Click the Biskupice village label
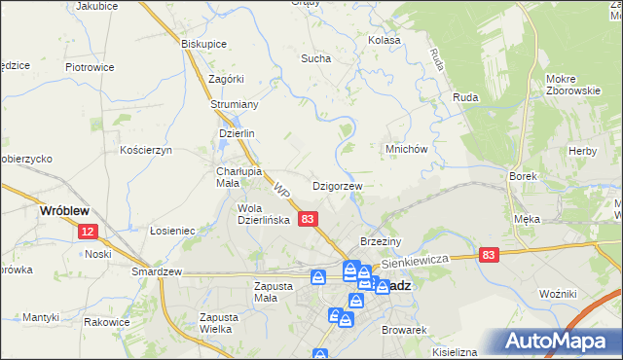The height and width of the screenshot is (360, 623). pyautogui.click(x=204, y=44)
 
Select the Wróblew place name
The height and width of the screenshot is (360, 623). pyautogui.click(x=64, y=209)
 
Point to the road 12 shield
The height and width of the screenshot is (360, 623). pyautogui.click(x=89, y=232)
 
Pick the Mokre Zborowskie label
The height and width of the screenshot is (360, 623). pyautogui.click(x=572, y=85)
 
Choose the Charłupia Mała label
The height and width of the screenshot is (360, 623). pyautogui.click(x=235, y=176)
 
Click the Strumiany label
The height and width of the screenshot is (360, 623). pyautogui.click(x=234, y=105)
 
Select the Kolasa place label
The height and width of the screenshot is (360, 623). pyautogui.click(x=385, y=41)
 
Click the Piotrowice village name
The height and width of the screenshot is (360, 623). pyautogui.click(x=90, y=67)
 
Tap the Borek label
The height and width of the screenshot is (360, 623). pyautogui.click(x=523, y=176)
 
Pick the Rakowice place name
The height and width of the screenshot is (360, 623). pyautogui.click(x=107, y=322)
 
